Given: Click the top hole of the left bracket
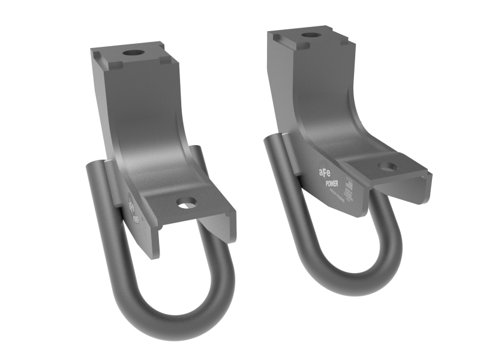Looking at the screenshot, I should tap(133, 53).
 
